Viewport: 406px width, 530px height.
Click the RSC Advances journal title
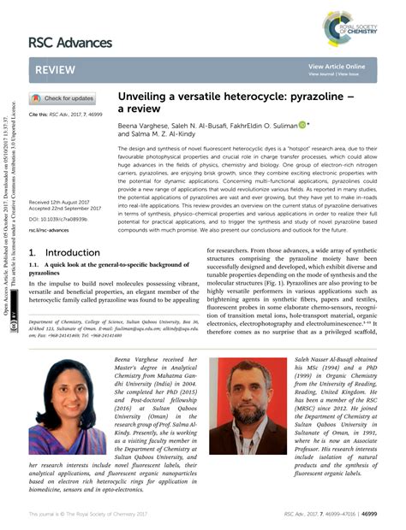[x=70, y=42]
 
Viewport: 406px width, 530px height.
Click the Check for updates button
[x=62, y=98]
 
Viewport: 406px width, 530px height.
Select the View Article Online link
[x=337, y=66]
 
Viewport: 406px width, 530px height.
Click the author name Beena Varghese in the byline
[x=141, y=125]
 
